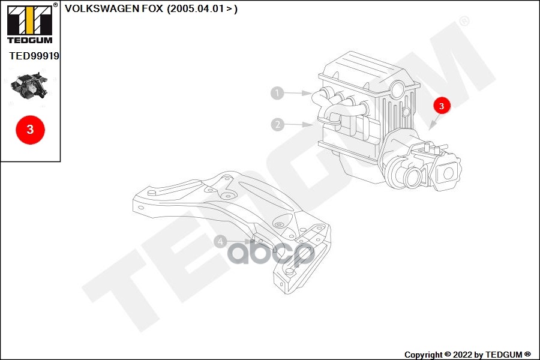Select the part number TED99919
pyautogui.click(x=34, y=56)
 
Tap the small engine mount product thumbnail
pyautogui.click(x=29, y=87)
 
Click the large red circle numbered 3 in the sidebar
pyautogui.click(x=31, y=129)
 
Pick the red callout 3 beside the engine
pyautogui.click(x=441, y=106)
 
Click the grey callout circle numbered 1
pyautogui.click(x=277, y=93)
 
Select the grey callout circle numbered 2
pyautogui.click(x=277, y=125)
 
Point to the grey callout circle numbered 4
pyautogui.click(x=221, y=242)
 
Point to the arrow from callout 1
pyautogui.click(x=297, y=94)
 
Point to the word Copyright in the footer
pyautogui.click(x=424, y=355)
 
